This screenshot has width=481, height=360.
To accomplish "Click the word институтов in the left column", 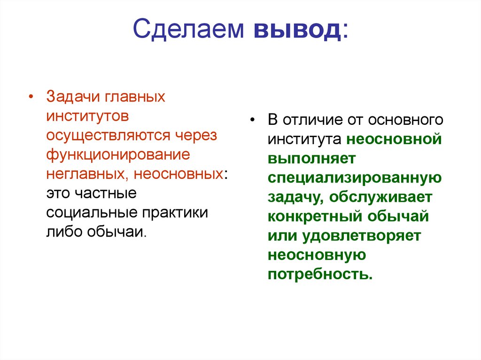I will (x=87, y=116).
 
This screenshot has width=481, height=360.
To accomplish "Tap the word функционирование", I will (x=117, y=154).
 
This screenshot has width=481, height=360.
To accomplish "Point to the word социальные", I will (x=89, y=212).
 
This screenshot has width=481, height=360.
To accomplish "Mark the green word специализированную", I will (x=354, y=177).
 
